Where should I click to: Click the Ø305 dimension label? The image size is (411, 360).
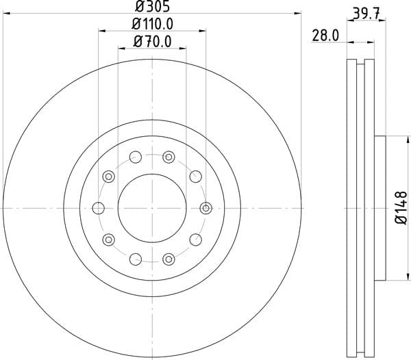pos(152,6)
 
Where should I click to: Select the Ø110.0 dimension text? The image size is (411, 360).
pos(152,24)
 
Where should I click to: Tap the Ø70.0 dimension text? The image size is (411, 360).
pos(152,41)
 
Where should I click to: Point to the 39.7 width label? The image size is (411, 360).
pos(366,14)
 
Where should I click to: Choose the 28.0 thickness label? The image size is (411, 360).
pos(325,36)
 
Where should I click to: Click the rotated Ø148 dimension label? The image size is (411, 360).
pos(401,208)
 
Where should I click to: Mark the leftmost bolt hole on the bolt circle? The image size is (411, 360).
pos(99,208)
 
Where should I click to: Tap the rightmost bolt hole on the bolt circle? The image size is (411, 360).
pos(206,208)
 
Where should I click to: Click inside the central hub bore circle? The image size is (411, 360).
pos(152,208)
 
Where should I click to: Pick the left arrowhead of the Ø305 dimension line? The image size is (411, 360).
pos(6,13)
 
